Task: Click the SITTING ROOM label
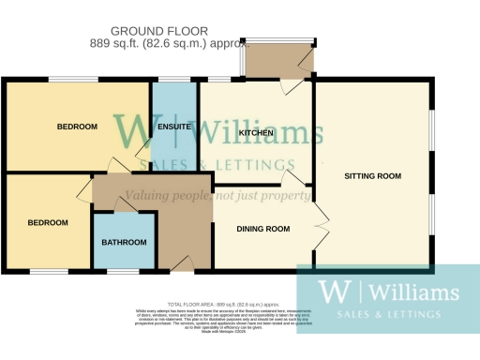point(372,176)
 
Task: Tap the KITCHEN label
point(256,134)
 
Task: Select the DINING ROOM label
point(263,229)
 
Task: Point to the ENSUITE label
point(175,127)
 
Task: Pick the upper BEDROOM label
point(76,127)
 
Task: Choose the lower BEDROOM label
point(48,223)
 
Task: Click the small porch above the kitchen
point(278,63)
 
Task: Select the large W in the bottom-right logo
point(330,290)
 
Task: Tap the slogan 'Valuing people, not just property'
point(217,196)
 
